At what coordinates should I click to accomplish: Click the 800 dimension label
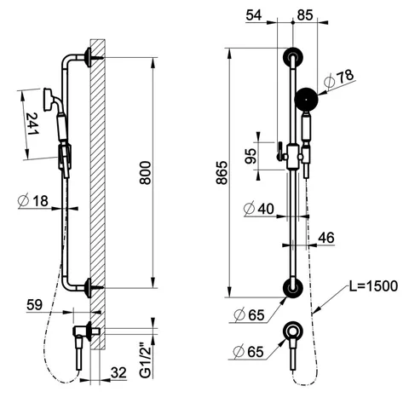(145, 173)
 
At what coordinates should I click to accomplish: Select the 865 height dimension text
(222, 173)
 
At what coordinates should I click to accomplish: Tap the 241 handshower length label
(32, 124)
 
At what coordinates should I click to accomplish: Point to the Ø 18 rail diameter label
(33, 201)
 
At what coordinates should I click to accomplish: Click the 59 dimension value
(34, 305)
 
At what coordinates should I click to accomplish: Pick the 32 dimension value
(118, 372)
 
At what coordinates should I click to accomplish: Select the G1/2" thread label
(146, 361)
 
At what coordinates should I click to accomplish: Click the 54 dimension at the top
(254, 15)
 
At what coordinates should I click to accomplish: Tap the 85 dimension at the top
(305, 15)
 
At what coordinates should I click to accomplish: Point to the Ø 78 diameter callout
(339, 78)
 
